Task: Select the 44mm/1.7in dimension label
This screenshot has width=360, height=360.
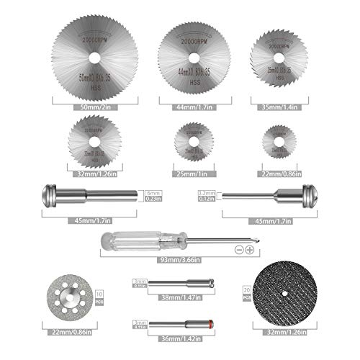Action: click(189, 106)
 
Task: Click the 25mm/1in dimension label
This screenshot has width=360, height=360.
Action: click(189, 174)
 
